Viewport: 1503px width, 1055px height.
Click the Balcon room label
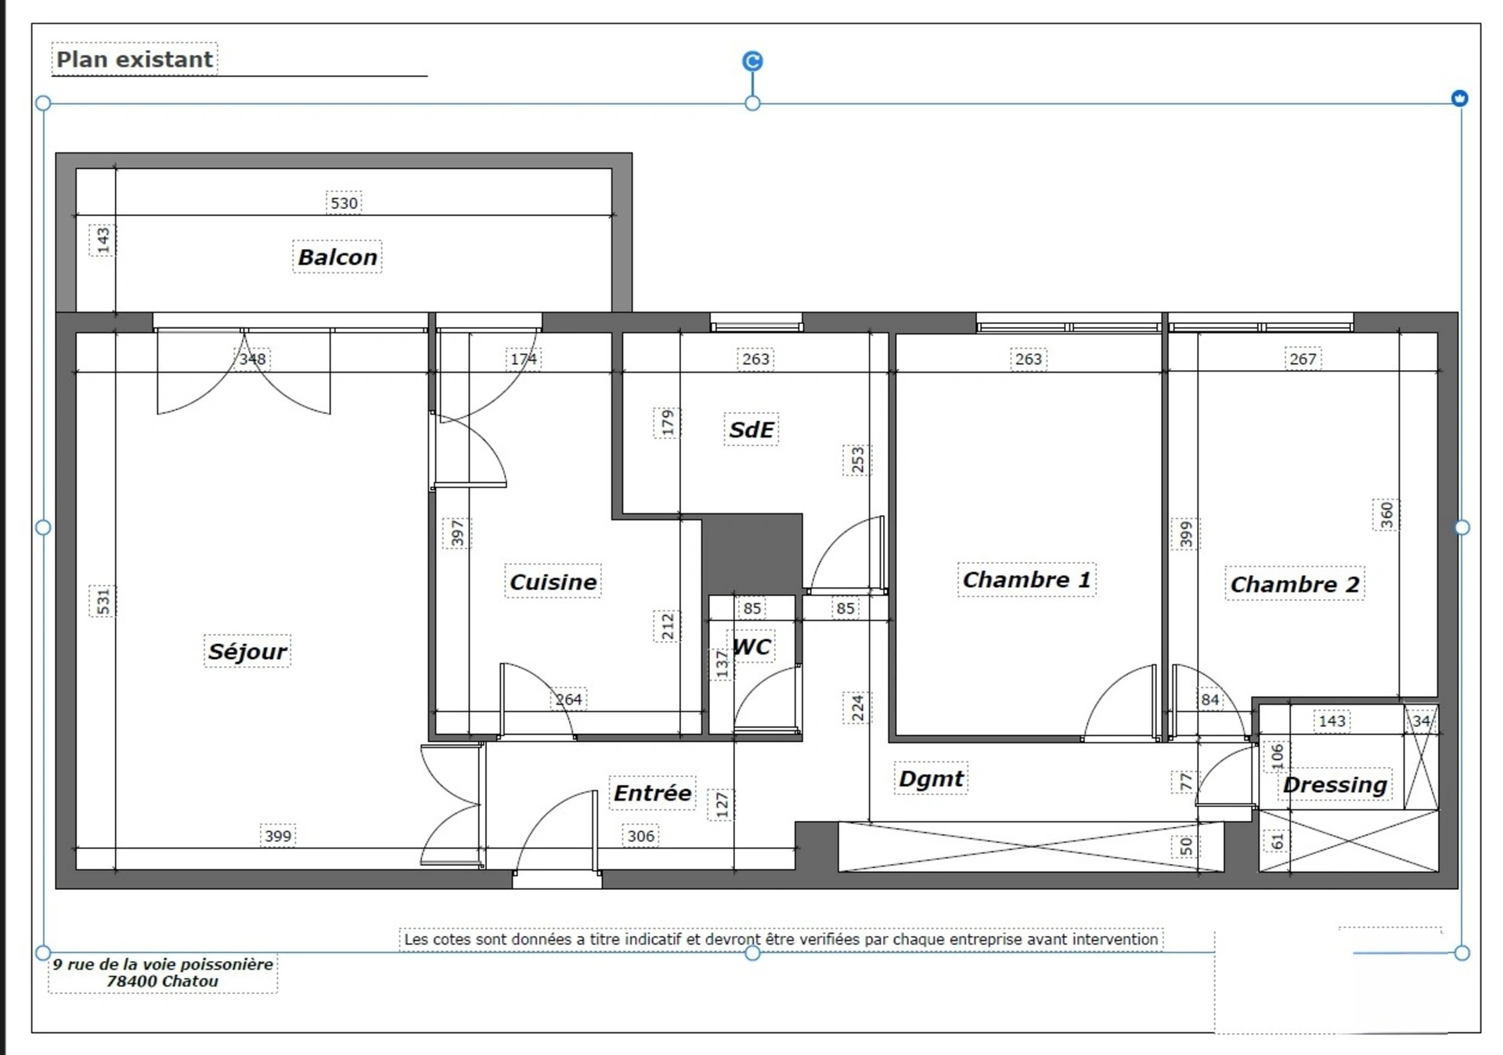point(337,257)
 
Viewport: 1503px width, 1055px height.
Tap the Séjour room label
point(247,651)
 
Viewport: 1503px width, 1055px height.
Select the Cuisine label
point(553,582)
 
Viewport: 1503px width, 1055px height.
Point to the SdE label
point(751,429)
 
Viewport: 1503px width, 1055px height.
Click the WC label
point(752,646)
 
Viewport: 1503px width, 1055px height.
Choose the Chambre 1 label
point(1026,580)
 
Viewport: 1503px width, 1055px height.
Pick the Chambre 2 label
point(1295,584)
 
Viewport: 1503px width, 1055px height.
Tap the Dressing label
point(1335,784)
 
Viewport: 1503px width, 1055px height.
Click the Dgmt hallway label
point(931,779)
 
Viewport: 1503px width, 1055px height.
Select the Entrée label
point(652,793)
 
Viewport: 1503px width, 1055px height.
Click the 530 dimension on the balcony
point(344,203)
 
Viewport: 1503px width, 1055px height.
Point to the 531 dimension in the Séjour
point(103,601)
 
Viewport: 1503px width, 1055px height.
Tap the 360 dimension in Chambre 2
point(1386,515)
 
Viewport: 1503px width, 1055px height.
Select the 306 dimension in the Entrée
point(640,836)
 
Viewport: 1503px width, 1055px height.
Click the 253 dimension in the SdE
point(858,460)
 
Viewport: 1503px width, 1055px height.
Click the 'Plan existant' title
point(135,59)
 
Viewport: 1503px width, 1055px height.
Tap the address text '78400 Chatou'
point(163,981)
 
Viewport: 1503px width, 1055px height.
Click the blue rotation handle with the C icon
point(752,61)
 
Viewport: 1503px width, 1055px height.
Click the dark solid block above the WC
point(752,553)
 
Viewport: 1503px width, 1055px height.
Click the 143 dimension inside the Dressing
point(1332,721)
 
